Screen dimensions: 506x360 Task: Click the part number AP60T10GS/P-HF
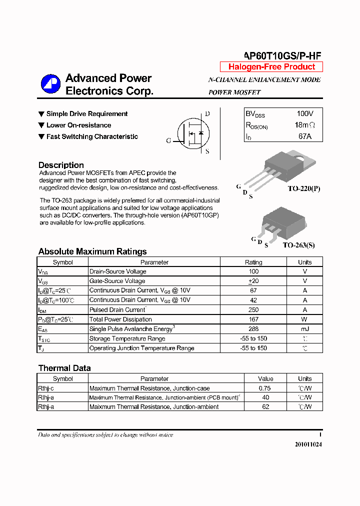tap(282, 56)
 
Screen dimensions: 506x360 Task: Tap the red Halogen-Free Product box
tap(271, 67)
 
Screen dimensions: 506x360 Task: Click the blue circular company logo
tap(50, 84)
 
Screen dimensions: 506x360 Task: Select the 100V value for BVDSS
tap(305, 114)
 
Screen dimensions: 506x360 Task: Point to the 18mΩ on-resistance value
tap(305, 125)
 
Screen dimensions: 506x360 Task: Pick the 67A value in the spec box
tap(305, 136)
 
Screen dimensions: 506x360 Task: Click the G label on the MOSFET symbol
tap(168, 141)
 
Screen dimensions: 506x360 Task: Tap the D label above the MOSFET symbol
tap(207, 114)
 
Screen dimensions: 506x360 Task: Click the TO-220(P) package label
tap(303, 189)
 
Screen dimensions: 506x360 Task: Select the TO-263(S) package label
tap(298, 245)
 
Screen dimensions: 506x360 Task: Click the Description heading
tap(61, 165)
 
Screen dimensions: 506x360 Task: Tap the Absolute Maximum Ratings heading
tap(92, 251)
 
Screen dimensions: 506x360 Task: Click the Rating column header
tap(253, 262)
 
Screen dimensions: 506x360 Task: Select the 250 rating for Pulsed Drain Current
tap(253, 309)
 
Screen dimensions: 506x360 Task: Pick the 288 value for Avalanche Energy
tap(253, 329)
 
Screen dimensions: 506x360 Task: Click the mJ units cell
tap(304, 329)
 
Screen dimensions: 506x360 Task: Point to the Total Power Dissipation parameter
tap(120, 319)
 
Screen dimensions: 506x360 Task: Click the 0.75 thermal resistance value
tap(265, 388)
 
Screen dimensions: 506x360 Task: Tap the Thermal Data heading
tap(64, 368)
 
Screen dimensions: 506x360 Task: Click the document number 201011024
tap(308, 444)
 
